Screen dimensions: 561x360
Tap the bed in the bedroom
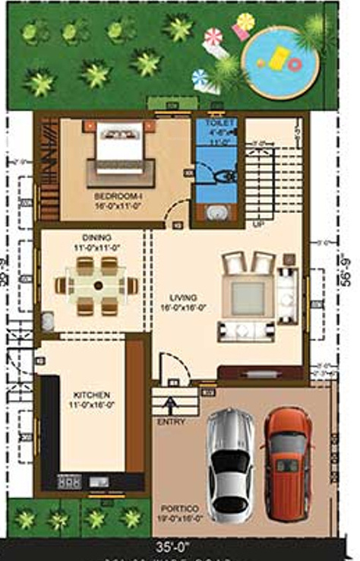click(x=120, y=147)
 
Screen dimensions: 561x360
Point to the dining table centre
click(x=97, y=286)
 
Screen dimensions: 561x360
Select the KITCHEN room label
click(x=92, y=396)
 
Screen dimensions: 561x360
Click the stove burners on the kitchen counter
click(x=69, y=481)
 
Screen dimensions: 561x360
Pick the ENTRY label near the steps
click(x=171, y=422)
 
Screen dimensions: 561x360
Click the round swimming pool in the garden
click(x=279, y=62)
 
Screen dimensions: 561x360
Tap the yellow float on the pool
click(x=279, y=57)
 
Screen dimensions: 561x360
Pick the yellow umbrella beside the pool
click(x=245, y=21)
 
